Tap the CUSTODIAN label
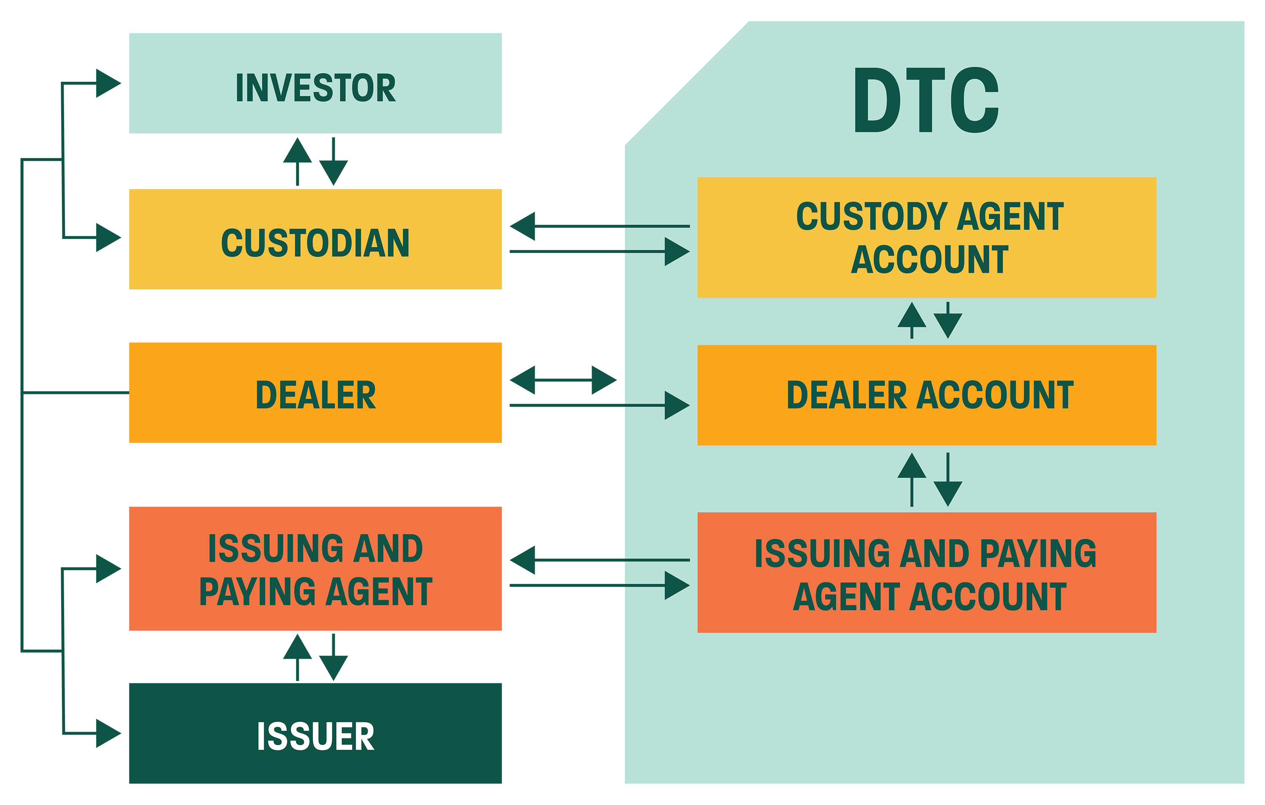(315, 243)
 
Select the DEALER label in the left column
(316, 395)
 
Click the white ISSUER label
(316, 736)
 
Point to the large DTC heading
(926, 100)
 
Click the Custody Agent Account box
(927, 237)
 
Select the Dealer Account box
(927, 395)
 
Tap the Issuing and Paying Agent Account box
(927, 573)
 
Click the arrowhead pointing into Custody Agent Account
(676, 252)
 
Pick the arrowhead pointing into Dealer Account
(676, 405)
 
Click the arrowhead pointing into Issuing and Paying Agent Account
(676, 585)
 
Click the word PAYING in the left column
(257, 592)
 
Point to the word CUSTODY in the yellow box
(872, 216)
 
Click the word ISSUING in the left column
(276, 548)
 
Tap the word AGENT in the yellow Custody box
(1010, 216)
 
